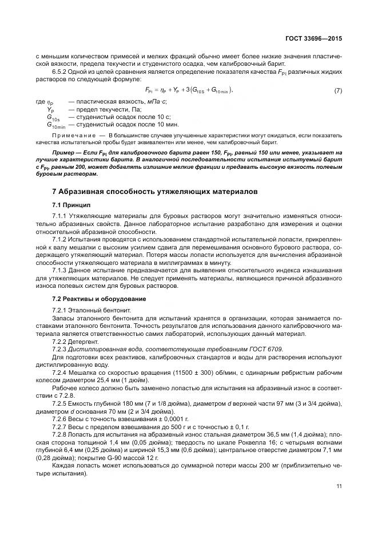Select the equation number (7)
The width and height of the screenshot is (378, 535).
point(338,91)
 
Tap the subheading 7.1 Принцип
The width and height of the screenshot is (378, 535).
point(70,204)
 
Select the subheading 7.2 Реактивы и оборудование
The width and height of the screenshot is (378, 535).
point(98,299)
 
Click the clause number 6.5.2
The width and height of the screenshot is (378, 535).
point(61,72)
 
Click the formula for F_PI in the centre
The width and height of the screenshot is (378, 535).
point(189,91)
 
